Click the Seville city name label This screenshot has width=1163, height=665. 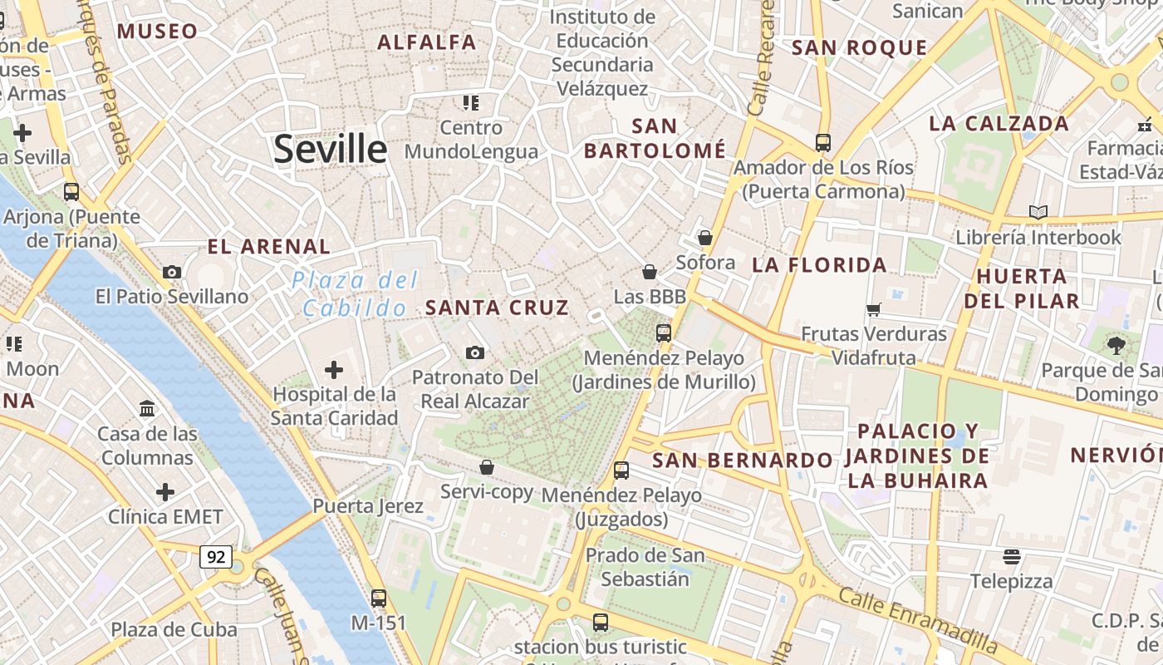pyautogui.click(x=330, y=150)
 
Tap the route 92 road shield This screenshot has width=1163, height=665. pyautogui.click(x=216, y=557)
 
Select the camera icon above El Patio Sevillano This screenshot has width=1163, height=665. pyautogui.click(x=172, y=272)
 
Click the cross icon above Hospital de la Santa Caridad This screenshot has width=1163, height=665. pyautogui.click(x=334, y=369)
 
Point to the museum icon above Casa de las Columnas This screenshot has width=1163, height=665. pyautogui.click(x=148, y=408)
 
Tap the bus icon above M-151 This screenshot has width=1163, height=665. pyautogui.click(x=379, y=598)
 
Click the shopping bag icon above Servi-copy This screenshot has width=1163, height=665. pyautogui.click(x=487, y=467)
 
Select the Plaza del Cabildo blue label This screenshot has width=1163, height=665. pyautogui.click(x=355, y=294)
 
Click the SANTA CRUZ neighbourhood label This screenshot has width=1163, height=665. pyautogui.click(x=497, y=308)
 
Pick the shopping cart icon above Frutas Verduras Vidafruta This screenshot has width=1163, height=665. pyautogui.click(x=873, y=309)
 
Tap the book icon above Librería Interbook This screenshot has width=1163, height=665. pyautogui.click(x=1038, y=212)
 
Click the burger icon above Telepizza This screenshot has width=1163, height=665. pyautogui.click(x=1011, y=556)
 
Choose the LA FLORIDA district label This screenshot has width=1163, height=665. pyautogui.click(x=820, y=265)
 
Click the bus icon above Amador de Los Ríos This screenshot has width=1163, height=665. pyautogui.click(x=822, y=143)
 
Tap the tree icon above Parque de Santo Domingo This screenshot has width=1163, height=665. pyautogui.click(x=1116, y=345)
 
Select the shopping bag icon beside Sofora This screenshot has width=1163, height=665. pyautogui.click(x=704, y=238)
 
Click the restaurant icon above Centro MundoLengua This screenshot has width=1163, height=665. pyautogui.click(x=471, y=103)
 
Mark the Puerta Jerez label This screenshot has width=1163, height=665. pyautogui.click(x=368, y=505)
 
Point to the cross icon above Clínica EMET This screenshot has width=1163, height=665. pyautogui.click(x=165, y=492)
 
